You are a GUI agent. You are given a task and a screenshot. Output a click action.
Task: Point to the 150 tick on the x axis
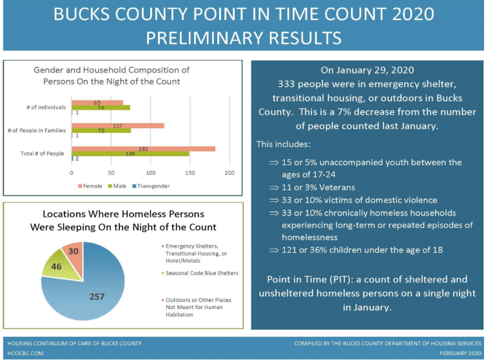pos(190,173)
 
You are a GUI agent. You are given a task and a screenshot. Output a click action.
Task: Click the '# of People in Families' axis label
pos(37,130)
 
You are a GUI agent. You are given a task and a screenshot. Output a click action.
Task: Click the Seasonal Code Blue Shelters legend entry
pos(202,273)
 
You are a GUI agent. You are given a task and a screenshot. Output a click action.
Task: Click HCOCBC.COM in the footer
pos(24,354)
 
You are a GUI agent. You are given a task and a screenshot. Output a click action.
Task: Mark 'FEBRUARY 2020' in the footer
pos(460,354)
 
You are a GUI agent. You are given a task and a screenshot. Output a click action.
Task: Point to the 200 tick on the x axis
pos(229,173)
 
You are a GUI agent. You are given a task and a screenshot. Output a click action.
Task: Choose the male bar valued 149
pos(130,154)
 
